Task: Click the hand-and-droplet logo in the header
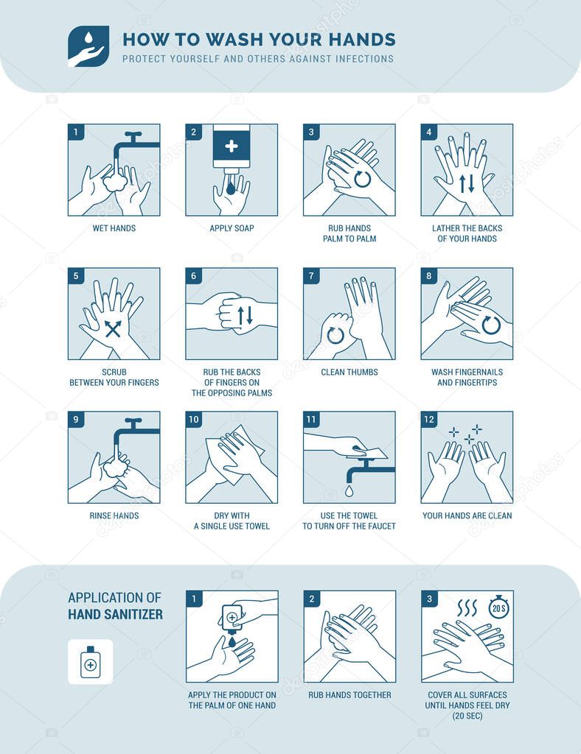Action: tap(88, 46)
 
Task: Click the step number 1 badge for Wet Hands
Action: tap(75, 133)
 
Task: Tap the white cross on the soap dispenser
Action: tap(232, 146)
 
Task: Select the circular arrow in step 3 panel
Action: tap(362, 178)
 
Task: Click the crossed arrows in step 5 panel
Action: tap(113, 328)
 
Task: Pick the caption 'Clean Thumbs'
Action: tap(349, 373)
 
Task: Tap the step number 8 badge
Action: tap(429, 276)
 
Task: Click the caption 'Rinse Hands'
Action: tap(114, 516)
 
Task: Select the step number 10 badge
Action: tap(194, 420)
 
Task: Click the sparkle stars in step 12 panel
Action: tap(467, 434)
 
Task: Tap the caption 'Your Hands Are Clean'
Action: tap(467, 516)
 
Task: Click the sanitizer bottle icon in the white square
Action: tap(90, 662)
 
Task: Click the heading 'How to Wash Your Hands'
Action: tap(259, 40)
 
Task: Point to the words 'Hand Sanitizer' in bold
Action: tap(115, 614)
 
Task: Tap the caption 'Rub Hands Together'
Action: tap(349, 695)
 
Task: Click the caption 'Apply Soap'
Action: tap(232, 229)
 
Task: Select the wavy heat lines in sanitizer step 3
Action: tap(467, 607)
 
